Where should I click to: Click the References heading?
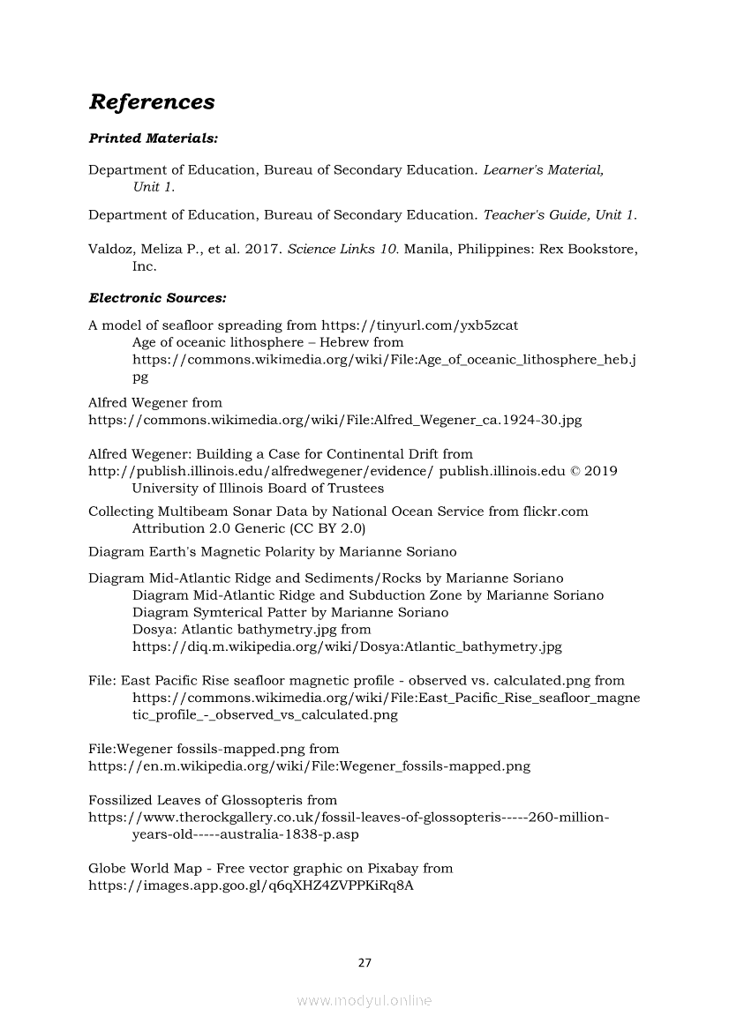tap(152, 102)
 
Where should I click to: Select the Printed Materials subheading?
tap(154, 138)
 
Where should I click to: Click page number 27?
tap(364, 962)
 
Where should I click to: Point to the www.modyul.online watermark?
tap(364, 1001)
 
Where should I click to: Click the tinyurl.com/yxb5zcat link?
tap(419, 325)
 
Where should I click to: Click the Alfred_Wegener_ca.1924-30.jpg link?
tap(335, 420)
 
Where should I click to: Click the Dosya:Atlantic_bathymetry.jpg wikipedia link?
tap(347, 646)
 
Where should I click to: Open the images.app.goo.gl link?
tap(252, 885)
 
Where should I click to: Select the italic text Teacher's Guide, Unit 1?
tap(560, 215)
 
